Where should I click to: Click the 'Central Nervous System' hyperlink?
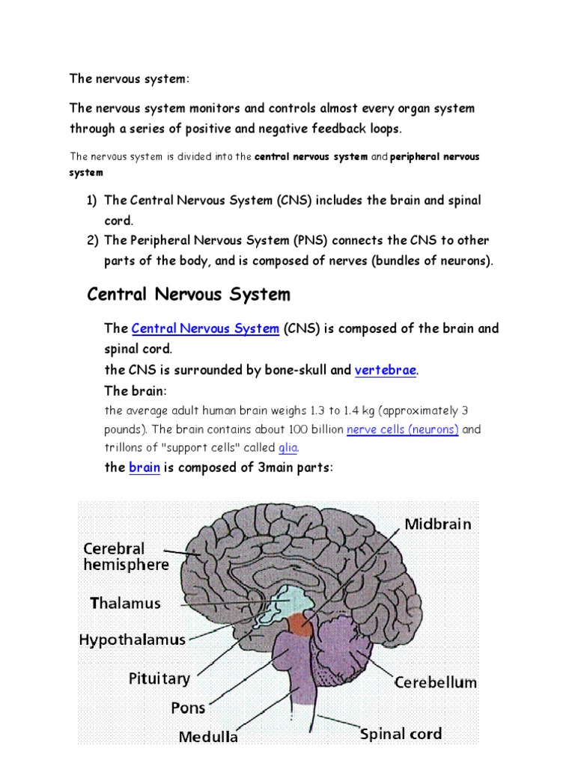(x=205, y=328)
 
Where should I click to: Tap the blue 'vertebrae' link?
(x=386, y=370)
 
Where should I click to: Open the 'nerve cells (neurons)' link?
(x=402, y=429)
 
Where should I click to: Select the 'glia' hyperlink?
(x=288, y=447)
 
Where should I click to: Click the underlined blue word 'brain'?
(x=144, y=468)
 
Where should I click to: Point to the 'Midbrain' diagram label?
(x=438, y=524)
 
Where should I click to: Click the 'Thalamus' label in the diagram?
(x=125, y=604)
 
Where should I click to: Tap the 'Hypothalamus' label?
(x=133, y=640)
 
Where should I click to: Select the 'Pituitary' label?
(x=159, y=678)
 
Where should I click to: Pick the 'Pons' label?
(x=188, y=708)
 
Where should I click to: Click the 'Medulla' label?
(x=208, y=737)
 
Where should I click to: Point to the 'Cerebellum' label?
(x=436, y=682)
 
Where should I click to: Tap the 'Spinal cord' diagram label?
(x=401, y=734)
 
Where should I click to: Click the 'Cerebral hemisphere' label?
(x=126, y=557)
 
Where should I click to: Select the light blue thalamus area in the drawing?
(x=288, y=600)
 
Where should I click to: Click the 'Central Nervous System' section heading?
(x=189, y=295)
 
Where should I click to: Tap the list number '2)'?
(x=92, y=240)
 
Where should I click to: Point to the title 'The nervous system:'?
(x=129, y=79)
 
